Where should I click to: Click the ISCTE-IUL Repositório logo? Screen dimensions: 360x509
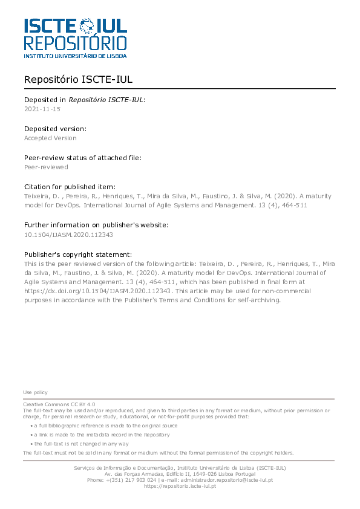(75, 37)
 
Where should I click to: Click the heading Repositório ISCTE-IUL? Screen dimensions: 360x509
(78, 80)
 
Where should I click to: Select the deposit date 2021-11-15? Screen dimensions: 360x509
(42, 109)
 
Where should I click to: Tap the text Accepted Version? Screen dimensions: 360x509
(50, 138)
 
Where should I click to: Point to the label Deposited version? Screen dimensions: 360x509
(55, 129)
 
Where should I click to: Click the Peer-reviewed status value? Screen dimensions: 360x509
(46, 167)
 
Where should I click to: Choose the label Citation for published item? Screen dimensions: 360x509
(70, 187)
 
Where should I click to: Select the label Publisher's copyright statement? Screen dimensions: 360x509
(78, 254)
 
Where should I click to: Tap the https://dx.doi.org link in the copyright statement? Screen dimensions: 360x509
(97, 290)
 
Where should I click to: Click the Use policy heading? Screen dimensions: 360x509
(35, 392)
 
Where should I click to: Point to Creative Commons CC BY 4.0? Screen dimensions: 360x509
(59, 404)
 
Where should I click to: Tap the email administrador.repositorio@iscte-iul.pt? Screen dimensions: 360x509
(225, 480)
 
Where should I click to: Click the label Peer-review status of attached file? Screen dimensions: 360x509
(83, 158)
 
